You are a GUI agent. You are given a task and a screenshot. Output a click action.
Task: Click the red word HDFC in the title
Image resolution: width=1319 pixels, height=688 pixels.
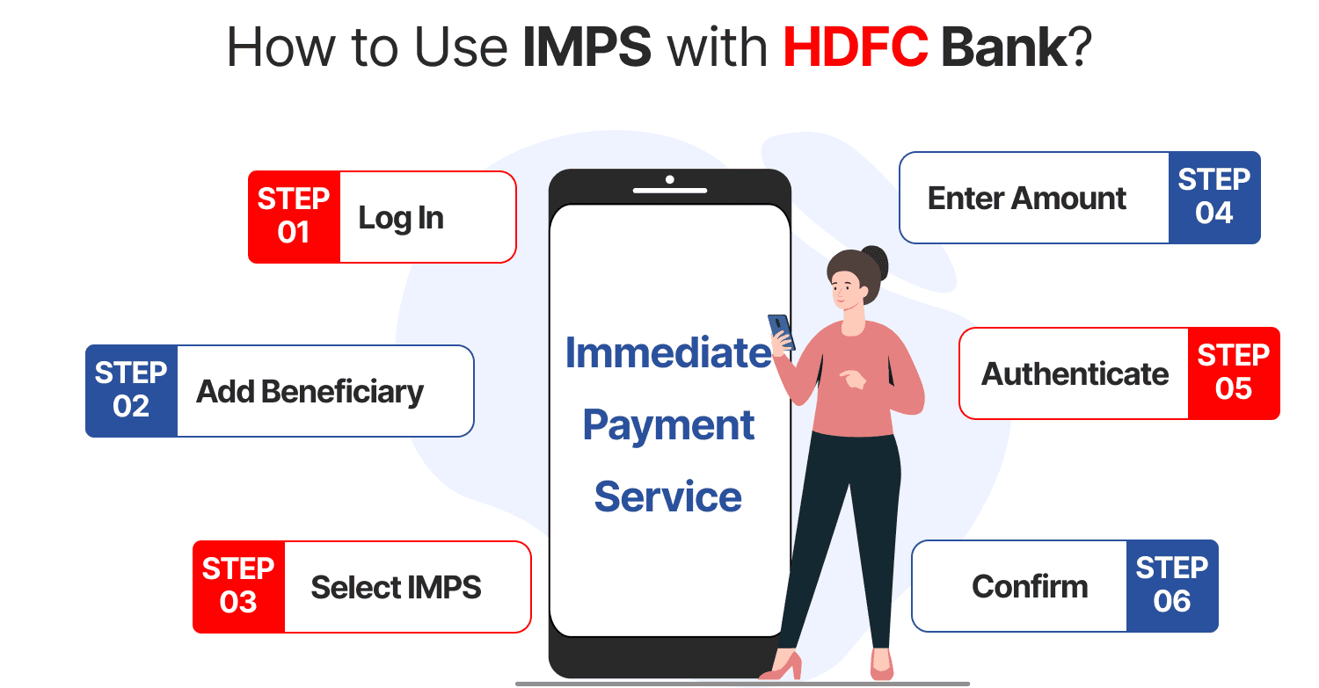[855, 48]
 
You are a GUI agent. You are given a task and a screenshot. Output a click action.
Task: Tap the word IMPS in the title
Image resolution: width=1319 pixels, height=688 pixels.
[587, 48]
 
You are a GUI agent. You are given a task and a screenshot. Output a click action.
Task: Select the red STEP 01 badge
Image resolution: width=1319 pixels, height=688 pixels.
[294, 216]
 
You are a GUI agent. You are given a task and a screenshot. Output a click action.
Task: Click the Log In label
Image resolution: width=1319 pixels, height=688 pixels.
[401, 218]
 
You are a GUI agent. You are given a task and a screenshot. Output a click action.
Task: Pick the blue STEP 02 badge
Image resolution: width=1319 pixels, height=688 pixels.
[131, 390]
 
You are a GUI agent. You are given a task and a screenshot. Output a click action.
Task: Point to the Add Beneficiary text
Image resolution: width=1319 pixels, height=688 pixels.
[310, 391]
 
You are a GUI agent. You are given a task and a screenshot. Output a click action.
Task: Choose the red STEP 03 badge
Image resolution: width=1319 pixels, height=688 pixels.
[238, 586]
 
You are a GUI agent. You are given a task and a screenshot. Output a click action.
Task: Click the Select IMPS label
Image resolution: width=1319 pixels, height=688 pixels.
[396, 587]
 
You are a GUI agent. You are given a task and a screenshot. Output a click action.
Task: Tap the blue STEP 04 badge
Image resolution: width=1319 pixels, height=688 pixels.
[1214, 197]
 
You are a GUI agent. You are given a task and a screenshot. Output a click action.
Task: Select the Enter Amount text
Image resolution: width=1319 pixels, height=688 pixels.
[1026, 198]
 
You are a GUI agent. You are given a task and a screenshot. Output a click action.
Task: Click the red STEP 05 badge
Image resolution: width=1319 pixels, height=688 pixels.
[1234, 373]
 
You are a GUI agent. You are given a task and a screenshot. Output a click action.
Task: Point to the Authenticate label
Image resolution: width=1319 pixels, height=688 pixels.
[1075, 373]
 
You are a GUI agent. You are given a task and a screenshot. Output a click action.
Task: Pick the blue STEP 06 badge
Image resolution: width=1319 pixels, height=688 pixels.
[1172, 585]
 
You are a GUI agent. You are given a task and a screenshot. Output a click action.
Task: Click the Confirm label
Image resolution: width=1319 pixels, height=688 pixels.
[1030, 586]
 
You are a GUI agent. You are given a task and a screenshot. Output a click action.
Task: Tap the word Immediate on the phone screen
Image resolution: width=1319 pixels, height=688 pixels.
[668, 352]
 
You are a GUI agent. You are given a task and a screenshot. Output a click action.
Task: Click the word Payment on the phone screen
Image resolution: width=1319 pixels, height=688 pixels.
[668, 425]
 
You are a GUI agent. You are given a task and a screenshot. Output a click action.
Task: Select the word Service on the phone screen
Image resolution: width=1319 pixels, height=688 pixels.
[668, 496]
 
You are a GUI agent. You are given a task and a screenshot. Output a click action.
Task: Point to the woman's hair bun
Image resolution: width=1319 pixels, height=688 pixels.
[875, 261]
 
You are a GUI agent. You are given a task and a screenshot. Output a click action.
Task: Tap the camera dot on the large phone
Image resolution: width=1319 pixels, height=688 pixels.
[670, 179]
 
